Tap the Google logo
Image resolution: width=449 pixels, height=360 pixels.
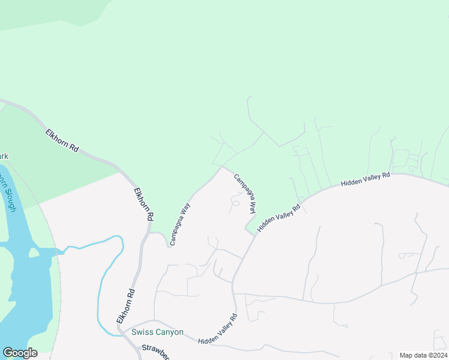[x=20, y=353]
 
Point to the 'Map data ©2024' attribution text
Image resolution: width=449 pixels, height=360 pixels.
[x=423, y=355]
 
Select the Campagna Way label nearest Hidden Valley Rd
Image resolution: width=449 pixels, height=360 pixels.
[x=245, y=193]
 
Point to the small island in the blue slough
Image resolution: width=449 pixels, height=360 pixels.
[x=34, y=253]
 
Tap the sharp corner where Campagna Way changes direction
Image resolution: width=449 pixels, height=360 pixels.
[x=223, y=167]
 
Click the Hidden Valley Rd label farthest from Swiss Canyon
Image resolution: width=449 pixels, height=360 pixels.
[x=366, y=179]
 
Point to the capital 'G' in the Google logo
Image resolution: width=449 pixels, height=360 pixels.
[x=8, y=353]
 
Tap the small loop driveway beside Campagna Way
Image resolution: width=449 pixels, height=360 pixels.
[x=235, y=203]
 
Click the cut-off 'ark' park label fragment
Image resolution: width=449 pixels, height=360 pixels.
[x=4, y=157]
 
